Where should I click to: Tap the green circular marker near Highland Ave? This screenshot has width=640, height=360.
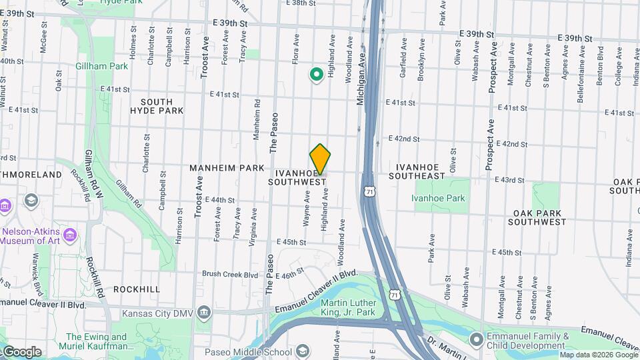click(317, 75)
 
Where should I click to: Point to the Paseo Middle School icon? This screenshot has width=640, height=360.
click(302, 351)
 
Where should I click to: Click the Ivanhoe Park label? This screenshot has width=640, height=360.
click(437, 198)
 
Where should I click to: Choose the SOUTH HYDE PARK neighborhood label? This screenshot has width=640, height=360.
click(156, 106)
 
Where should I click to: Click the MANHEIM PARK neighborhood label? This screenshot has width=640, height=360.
click(227, 168)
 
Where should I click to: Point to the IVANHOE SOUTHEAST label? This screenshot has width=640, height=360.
click(420, 171)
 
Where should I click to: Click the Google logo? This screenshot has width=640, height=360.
click(21, 351)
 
